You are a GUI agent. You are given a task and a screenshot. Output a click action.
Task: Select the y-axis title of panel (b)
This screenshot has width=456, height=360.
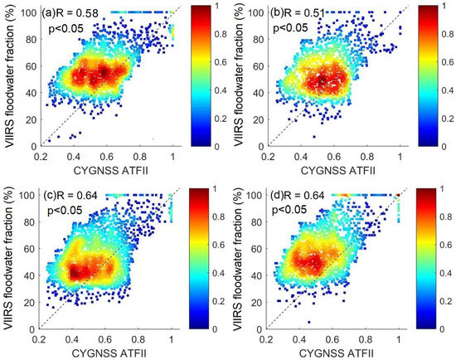[235, 79]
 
